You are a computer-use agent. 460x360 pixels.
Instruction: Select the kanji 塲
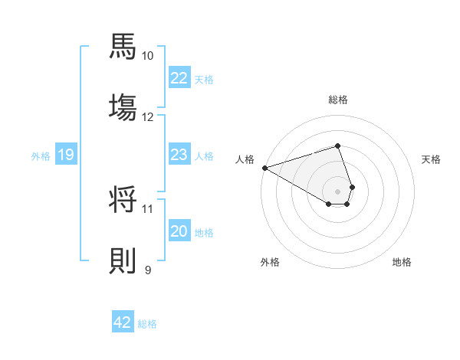(x=123, y=107)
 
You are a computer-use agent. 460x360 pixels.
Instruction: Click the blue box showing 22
(x=179, y=78)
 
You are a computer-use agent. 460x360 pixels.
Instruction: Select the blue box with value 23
(x=179, y=155)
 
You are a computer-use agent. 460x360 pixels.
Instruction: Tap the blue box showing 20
(x=179, y=231)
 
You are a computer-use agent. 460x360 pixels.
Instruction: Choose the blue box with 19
(x=65, y=155)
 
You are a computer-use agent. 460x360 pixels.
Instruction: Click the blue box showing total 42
(x=123, y=322)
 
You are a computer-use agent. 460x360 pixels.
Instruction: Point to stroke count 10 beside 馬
(x=148, y=56)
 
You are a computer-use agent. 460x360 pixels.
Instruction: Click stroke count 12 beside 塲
(x=148, y=117)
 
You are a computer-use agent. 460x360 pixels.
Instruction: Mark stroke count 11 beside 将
(x=148, y=208)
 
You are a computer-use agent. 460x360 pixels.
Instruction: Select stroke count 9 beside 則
(x=148, y=270)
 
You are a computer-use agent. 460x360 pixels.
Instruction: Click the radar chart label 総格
(x=338, y=100)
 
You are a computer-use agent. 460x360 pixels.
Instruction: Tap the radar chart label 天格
(x=431, y=159)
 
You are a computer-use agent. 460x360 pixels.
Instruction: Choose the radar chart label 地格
(x=402, y=262)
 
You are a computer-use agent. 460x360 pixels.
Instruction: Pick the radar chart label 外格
(x=270, y=262)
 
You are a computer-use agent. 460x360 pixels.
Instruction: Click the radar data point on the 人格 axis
(x=264, y=167)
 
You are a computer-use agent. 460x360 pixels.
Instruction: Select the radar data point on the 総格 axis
(x=338, y=146)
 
